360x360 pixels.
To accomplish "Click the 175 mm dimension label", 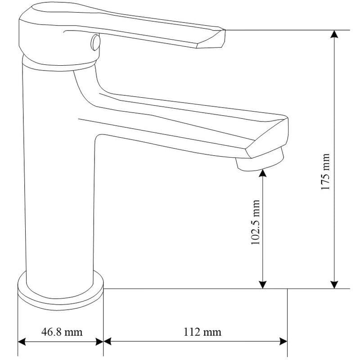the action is tap(325, 171).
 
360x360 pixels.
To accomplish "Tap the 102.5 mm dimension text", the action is tap(255, 222).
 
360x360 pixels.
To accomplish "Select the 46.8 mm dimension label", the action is tap(62, 332).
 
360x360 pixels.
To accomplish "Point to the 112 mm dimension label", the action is tap(202, 332).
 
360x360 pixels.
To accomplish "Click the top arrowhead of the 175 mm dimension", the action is tap(334, 34).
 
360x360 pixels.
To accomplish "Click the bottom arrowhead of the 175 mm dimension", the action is tap(334, 285).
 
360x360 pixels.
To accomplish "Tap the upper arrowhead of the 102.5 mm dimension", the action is tap(262, 173).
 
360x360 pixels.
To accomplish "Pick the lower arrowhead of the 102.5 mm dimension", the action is tap(262, 285).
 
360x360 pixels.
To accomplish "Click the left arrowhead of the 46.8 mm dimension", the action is tap(22, 342).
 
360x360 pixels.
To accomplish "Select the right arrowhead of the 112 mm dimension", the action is tap(283, 342).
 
